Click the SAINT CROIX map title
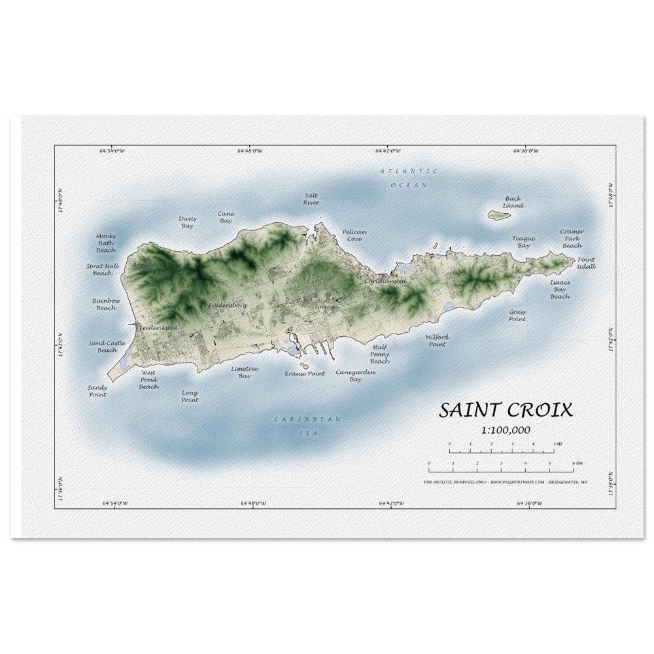click(x=506, y=410)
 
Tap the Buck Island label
click(x=513, y=201)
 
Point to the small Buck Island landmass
click(x=499, y=214)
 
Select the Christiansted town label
click(x=385, y=281)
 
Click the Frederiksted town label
click(x=158, y=326)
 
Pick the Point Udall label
click(x=586, y=263)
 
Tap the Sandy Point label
click(x=97, y=391)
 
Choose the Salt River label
click(x=311, y=199)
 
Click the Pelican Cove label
click(x=354, y=235)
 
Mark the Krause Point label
click(x=304, y=373)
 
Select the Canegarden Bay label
click(x=356, y=375)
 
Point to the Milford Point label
click(x=437, y=340)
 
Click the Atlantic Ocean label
click(x=409, y=177)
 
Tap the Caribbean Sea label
click(x=303, y=425)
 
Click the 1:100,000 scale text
click(x=506, y=430)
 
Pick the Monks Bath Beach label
click(x=106, y=243)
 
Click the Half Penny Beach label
click(x=380, y=354)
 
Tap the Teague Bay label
click(x=523, y=242)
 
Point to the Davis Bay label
click(x=188, y=222)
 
